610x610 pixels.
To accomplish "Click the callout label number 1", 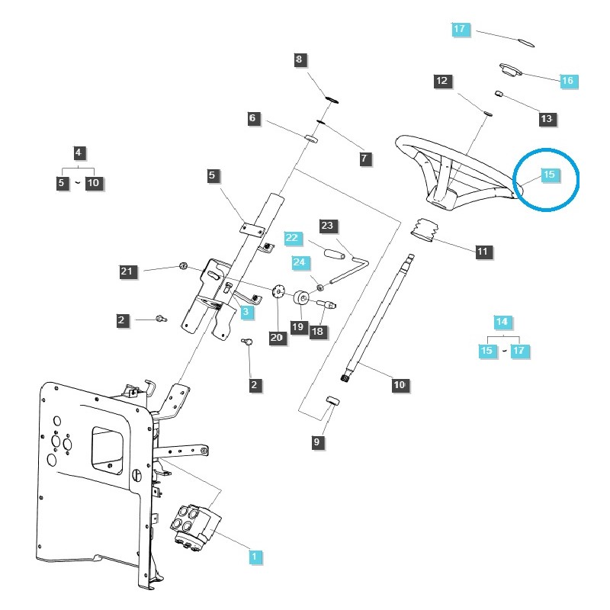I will (x=255, y=557).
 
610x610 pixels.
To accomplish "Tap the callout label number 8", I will (x=299, y=59).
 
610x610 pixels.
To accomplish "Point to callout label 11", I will (x=483, y=250).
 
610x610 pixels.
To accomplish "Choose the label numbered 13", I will (x=547, y=119).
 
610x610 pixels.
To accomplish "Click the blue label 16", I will (x=567, y=80).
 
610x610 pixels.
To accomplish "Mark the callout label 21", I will (x=127, y=271).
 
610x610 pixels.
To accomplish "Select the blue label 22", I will (x=292, y=237).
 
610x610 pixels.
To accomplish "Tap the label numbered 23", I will (x=327, y=226).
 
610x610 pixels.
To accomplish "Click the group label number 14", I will (x=502, y=322).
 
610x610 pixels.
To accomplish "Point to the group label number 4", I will (x=78, y=152).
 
